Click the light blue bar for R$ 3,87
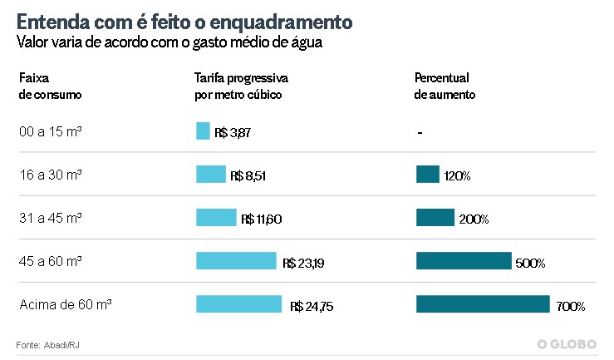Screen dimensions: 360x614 [203, 131]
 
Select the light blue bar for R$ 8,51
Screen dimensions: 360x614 [211, 174]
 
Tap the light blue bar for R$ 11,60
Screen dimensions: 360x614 [216, 217]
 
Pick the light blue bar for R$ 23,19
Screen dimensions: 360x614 [236, 260]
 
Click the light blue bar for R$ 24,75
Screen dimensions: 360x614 [239, 303]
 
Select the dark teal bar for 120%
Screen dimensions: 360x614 [427, 174]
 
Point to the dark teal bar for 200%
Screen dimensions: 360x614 [435, 217]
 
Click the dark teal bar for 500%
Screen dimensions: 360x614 [464, 260]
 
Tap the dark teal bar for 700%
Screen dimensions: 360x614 [483, 303]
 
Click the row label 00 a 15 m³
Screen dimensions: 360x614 [50, 131]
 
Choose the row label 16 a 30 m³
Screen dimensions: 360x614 [50, 175]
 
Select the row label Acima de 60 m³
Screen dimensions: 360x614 [65, 304]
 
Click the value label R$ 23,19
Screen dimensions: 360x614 [304, 263]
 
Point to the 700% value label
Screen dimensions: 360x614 [571, 307]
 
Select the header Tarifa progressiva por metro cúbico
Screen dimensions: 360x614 [240, 86]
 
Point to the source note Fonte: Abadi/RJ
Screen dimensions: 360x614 [47, 344]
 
